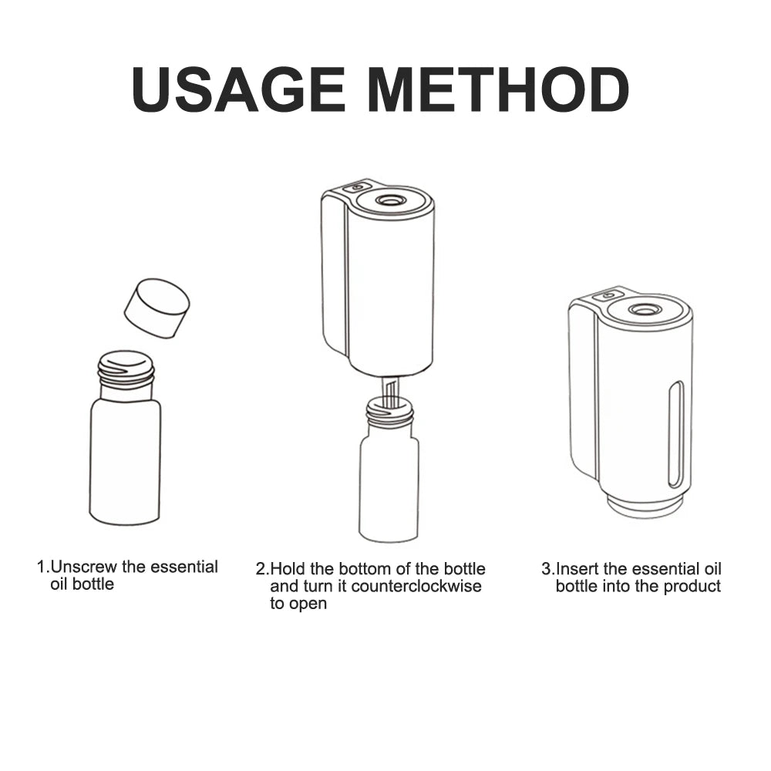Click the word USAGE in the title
coord(238,90)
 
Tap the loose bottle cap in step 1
coord(157,308)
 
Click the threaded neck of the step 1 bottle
coord(126,368)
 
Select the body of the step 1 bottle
coord(125,461)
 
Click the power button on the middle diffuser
coord(358,187)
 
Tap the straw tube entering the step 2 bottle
coord(392,392)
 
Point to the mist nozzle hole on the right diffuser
coord(640,310)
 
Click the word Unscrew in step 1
coord(83,567)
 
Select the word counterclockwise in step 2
coord(416,586)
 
